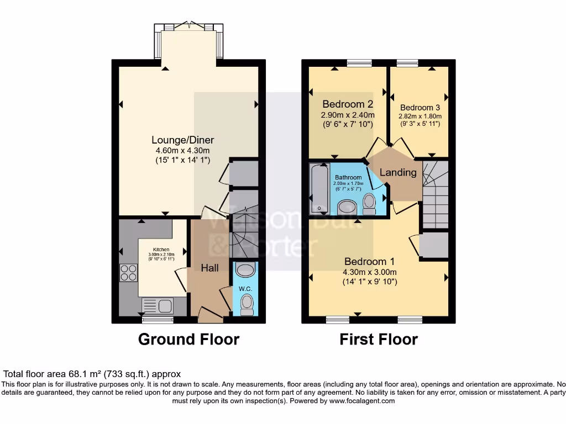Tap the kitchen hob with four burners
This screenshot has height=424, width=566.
tap(129, 273)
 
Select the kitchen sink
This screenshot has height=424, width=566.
tap(158, 305)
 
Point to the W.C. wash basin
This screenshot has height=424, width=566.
tap(244, 270)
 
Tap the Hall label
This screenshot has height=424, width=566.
tap(210, 268)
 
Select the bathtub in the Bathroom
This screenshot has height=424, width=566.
tap(319, 189)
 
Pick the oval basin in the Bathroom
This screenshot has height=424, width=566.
tap(348, 207)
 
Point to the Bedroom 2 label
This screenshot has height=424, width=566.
tap(348, 104)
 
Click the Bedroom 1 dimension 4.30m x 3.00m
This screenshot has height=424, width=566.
tap(370, 272)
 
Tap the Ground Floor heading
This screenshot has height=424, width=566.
tap(188, 339)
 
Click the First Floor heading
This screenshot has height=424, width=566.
tap(379, 339)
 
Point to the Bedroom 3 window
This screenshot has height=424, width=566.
tap(407, 63)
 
